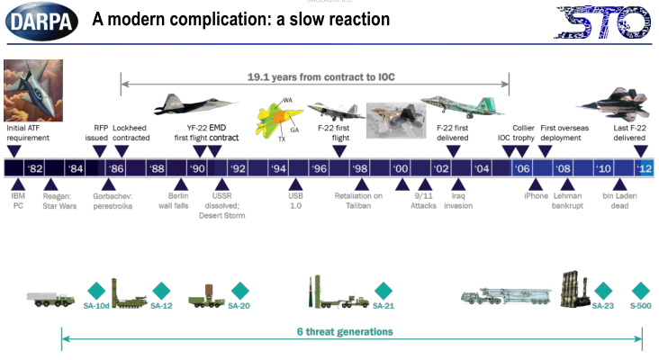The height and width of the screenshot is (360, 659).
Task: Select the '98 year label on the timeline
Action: point(359,168)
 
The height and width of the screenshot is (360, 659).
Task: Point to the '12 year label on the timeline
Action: point(644,168)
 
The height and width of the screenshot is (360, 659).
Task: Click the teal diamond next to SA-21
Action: point(384,291)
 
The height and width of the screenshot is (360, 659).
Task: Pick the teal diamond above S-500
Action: point(641,291)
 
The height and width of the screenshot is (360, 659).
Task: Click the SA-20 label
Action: point(239,306)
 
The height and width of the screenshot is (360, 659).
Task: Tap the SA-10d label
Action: point(95,306)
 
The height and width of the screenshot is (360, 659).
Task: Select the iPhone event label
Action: point(536,194)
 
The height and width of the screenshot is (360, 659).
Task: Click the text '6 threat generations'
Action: point(345,331)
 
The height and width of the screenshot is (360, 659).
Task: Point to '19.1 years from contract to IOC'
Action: point(314,78)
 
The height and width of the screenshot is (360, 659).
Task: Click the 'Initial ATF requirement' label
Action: point(27,133)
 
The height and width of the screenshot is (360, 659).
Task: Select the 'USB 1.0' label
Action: point(296,200)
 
